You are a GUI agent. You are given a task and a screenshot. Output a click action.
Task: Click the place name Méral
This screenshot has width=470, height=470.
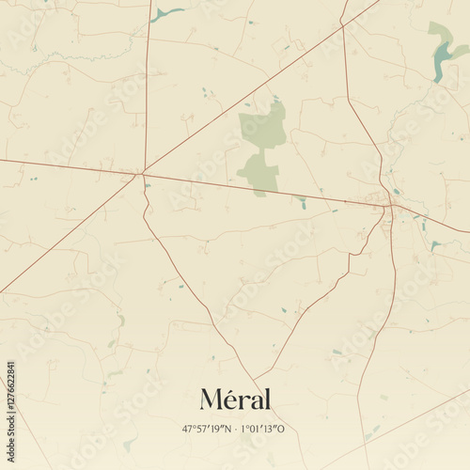coord(235,399)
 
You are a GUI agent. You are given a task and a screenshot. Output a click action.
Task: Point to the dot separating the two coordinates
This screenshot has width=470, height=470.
coord(235,429)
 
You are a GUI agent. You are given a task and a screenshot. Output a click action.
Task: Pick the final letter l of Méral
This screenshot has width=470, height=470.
coord(267,399)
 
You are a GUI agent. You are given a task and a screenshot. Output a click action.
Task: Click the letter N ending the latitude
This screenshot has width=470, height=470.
coord(227,429)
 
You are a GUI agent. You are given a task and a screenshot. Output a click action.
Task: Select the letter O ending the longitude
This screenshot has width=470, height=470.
coord(281,429)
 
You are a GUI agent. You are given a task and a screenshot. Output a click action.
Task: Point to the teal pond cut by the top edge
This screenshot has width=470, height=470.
coord(165,13)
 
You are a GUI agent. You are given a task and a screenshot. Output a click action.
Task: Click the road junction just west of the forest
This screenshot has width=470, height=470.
coord(143,172)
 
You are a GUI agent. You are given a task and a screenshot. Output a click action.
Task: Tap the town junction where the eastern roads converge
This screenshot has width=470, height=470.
coord(390,204)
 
